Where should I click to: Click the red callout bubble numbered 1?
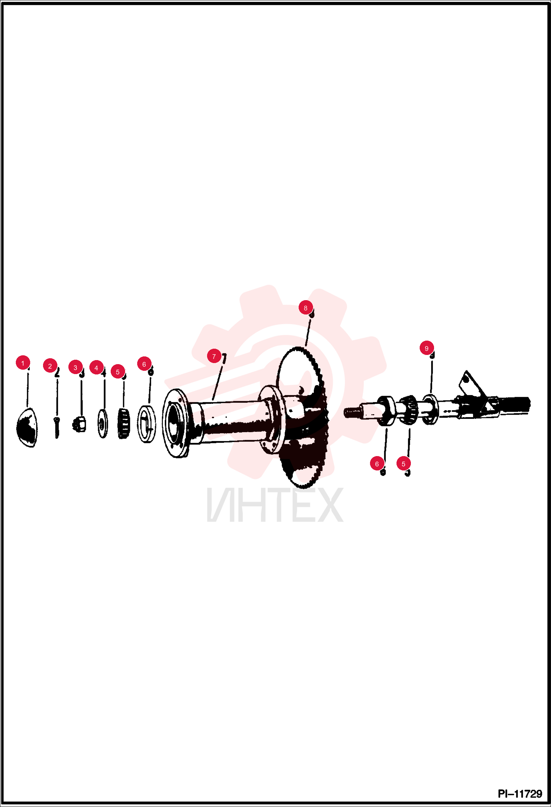click(23, 363)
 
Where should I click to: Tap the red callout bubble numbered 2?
click(50, 366)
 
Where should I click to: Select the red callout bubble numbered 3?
click(75, 367)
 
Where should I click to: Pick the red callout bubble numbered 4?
click(96, 367)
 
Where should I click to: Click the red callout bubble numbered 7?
click(214, 356)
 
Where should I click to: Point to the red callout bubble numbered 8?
click(306, 307)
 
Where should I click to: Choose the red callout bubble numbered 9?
click(427, 348)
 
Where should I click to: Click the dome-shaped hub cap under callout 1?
click(27, 427)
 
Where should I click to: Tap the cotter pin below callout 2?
click(56, 427)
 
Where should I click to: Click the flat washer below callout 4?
click(102, 423)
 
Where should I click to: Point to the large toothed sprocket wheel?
click(302, 417)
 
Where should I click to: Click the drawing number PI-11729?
click(520, 794)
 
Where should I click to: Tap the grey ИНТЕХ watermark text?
click(275, 505)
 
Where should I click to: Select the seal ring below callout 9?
click(430, 409)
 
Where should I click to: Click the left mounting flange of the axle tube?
click(176, 423)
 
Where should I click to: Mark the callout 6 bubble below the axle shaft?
click(377, 463)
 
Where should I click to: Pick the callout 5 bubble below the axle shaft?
click(404, 463)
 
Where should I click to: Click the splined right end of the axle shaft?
click(515, 405)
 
